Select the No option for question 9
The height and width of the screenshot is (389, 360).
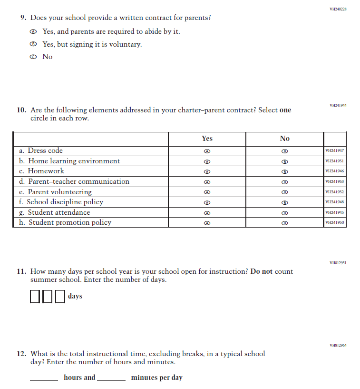(33, 57)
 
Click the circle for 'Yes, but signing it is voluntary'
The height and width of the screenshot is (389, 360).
(33, 44)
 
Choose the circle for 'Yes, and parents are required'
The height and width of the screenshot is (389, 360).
(33, 32)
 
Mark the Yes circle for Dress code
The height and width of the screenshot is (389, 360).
(207, 151)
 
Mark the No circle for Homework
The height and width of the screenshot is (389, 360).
(284, 171)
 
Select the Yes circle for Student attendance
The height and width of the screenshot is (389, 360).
(207, 213)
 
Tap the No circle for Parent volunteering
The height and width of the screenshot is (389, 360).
(284, 192)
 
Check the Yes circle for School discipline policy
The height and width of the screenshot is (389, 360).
(207, 202)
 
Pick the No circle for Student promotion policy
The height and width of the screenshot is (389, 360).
(284, 223)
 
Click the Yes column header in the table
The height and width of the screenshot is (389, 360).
(207, 139)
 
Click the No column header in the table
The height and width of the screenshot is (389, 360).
(284, 139)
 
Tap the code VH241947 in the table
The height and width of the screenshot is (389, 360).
(334, 151)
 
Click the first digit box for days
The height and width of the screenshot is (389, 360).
(35, 297)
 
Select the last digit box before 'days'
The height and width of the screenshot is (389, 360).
(59, 297)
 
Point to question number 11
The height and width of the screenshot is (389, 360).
(21, 271)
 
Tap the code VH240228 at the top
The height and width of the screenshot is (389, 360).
(338, 9)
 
